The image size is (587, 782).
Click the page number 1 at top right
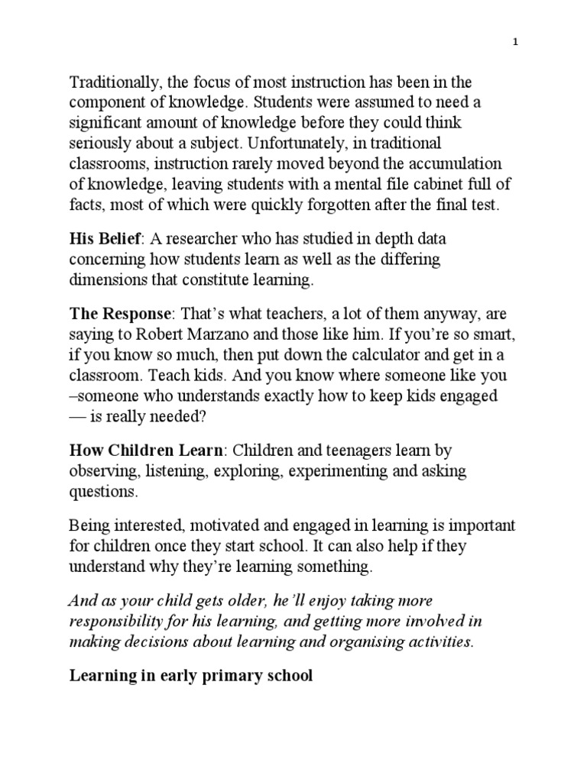click(x=516, y=44)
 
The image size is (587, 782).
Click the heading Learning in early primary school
click(x=191, y=676)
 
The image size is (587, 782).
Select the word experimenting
click(x=337, y=471)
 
